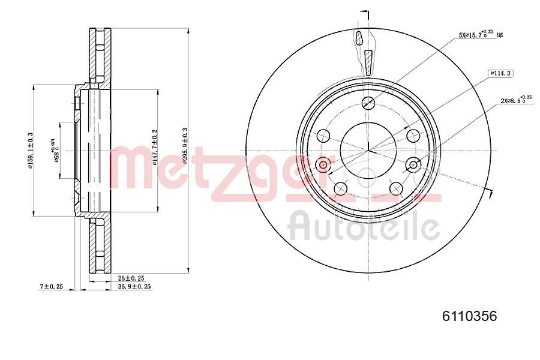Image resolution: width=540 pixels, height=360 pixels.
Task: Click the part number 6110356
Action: pyautogui.click(x=470, y=316)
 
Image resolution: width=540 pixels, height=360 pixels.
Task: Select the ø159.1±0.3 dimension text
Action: pyautogui.click(x=30, y=150)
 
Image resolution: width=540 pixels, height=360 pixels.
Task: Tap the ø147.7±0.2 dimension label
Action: pyautogui.click(x=155, y=146)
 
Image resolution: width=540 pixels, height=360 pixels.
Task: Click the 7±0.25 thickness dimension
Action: pyautogui.click(x=52, y=287)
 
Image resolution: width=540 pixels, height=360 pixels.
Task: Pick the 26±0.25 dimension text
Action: pyautogui.click(x=131, y=278)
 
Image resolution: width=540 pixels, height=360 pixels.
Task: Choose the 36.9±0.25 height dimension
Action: pyautogui.click(x=134, y=287)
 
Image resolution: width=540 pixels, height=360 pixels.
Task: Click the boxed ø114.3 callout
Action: pyautogui.click(x=500, y=73)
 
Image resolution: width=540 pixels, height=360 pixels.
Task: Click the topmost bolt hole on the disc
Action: pyautogui.click(x=369, y=102)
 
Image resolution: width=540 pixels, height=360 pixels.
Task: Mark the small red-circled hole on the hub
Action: pyautogui.click(x=324, y=164)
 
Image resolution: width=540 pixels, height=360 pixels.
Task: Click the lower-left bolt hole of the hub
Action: pyautogui.click(x=340, y=188)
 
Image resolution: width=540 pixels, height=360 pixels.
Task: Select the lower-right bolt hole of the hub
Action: pyautogui.click(x=396, y=189)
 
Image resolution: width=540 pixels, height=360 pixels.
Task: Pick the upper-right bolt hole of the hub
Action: pyautogui.click(x=413, y=135)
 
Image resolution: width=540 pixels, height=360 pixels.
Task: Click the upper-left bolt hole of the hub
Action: pyautogui.click(x=324, y=135)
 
